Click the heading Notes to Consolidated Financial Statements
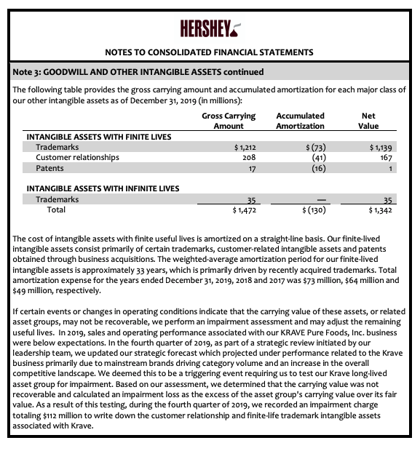point(210,52)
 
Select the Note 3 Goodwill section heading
point(138,71)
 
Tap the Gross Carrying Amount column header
point(229,121)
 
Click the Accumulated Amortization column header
point(301,121)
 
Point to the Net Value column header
point(369,121)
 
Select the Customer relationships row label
point(77,157)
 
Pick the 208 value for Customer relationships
point(248,157)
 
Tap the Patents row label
point(50,168)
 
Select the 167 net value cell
point(385,157)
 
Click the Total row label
point(56,209)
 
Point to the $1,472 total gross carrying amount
point(243,210)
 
